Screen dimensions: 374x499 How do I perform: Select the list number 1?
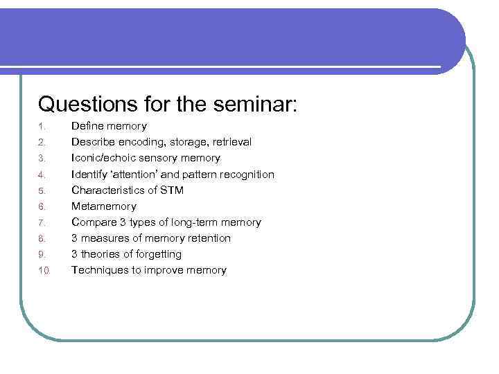42,127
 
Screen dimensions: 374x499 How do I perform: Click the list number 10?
44,271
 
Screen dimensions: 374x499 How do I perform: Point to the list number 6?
42,206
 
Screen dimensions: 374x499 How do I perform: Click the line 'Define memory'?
109,126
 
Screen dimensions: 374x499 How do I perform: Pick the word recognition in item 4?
247,174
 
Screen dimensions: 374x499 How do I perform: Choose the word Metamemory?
104,206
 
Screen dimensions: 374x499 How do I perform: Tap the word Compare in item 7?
95,222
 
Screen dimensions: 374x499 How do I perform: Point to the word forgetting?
157,254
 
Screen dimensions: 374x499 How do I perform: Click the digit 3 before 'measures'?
75,238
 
